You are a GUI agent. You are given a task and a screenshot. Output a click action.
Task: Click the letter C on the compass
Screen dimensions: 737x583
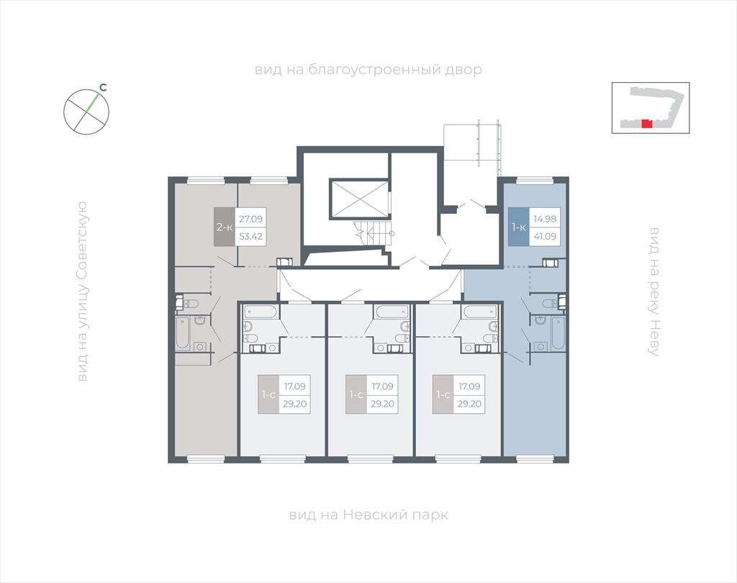pos(104,88)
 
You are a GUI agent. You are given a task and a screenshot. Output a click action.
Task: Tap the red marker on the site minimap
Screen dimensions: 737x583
pos(647,124)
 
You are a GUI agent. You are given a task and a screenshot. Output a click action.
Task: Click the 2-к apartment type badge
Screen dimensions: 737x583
pos(225,227)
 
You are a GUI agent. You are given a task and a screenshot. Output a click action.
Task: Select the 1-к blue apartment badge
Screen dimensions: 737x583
pos(519,227)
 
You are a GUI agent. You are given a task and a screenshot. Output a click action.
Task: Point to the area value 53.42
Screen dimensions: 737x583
pos(251,237)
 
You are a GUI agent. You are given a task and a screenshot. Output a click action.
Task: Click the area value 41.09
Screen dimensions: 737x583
pos(545,237)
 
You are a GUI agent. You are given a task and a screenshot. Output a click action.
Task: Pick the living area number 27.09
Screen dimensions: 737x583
pos(251,219)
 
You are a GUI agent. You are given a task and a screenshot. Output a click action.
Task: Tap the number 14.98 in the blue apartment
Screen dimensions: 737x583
pos(545,219)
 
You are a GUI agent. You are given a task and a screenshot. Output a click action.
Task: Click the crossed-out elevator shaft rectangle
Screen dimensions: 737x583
pos(360,199)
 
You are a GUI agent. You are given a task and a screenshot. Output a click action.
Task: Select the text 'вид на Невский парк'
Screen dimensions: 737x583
pos(368,515)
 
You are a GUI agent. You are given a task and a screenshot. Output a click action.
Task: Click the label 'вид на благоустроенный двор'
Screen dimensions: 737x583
pos(368,70)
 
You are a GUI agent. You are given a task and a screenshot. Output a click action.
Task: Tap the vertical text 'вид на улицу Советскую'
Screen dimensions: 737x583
pos(82,291)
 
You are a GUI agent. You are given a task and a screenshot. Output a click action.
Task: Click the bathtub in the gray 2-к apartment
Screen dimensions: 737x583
pos(183,334)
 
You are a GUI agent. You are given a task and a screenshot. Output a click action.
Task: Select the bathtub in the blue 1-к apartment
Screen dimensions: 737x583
pos(559,333)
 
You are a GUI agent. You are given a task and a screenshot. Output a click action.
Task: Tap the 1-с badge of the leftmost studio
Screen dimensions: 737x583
pos(268,394)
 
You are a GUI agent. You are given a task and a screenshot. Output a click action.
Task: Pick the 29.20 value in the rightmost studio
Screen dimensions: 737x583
pos(469,404)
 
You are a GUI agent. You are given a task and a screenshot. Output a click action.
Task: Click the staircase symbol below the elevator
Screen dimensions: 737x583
pos(374,232)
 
